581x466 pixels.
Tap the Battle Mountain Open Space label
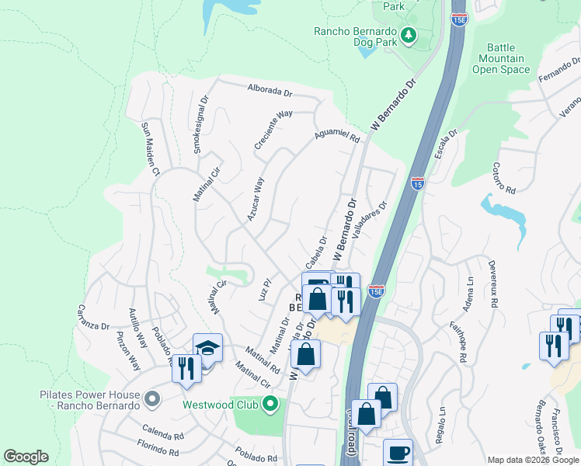tap(501, 58)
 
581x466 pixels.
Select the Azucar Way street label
tap(256, 199)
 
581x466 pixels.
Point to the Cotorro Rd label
tap(504, 178)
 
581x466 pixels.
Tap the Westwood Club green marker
tap(270, 404)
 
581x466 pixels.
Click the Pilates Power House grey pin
tap(152, 400)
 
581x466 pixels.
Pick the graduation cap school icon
tap(207, 349)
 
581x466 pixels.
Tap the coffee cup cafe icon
tap(398, 453)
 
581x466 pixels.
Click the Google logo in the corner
tap(26, 457)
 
